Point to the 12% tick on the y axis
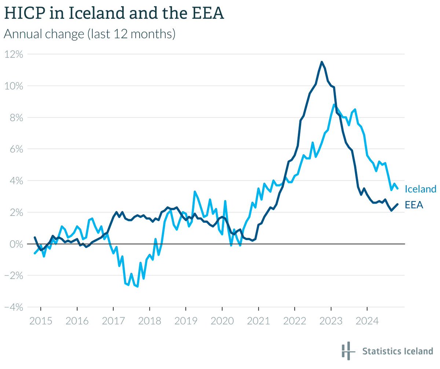coord(14,54)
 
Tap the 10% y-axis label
coord(14,86)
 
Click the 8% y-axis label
coord(16,118)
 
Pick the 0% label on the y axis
coord(16,244)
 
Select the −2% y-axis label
coord(14,276)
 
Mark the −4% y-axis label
coord(14,307)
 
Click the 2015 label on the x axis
coord(41,321)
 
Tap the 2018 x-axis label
coord(150,321)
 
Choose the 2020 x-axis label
coord(222,321)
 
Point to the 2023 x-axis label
coord(331,321)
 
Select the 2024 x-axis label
coord(367,321)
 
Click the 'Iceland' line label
coord(420,189)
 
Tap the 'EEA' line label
coord(414,205)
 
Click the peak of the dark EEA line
coord(322,62)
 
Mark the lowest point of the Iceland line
coord(137,287)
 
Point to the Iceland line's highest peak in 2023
coord(334,104)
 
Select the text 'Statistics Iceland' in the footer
coord(397,351)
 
